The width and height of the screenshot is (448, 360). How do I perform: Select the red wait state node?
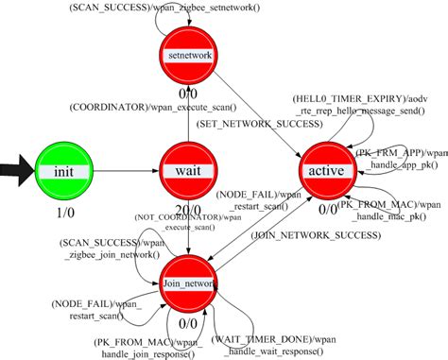tap(187, 169)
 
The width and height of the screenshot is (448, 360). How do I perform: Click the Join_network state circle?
tap(187, 281)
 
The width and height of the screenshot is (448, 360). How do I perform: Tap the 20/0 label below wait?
tap(186, 210)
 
